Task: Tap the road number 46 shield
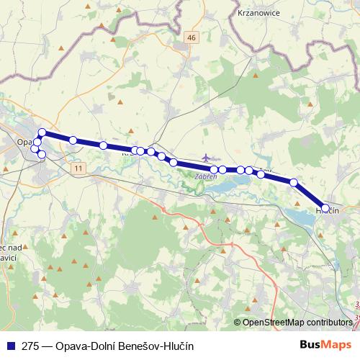pyautogui.click(x=190, y=37)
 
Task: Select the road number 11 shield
pyautogui.click(x=78, y=167)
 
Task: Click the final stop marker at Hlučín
pyautogui.click(x=325, y=207)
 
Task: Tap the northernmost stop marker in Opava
pyautogui.click(x=42, y=132)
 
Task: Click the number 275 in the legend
pyautogui.click(x=30, y=346)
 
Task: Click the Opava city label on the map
pyautogui.click(x=24, y=143)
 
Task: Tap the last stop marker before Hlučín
pyautogui.click(x=294, y=182)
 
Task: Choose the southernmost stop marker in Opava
pyautogui.click(x=42, y=155)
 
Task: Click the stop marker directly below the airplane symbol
pyautogui.click(x=215, y=169)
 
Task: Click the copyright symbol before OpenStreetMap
pyautogui.click(x=238, y=323)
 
